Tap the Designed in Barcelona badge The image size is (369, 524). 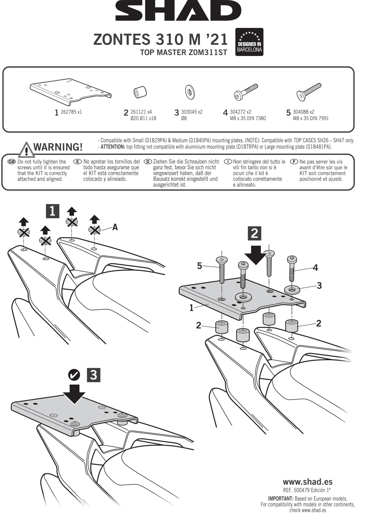pyautogui.click(x=249, y=42)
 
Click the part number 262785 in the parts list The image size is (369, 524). pyautogui.click(x=68, y=112)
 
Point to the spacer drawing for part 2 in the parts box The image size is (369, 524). pyautogui.click(x=140, y=92)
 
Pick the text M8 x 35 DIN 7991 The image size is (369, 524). pyautogui.click(x=311, y=118)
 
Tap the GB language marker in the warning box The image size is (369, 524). pyautogui.click(x=11, y=162)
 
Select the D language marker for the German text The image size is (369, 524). pyautogui.click(x=148, y=162)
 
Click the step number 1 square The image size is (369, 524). pyautogui.click(x=52, y=211)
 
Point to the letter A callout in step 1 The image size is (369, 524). pyautogui.click(x=115, y=227)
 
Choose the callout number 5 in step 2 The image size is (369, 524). pyautogui.click(x=199, y=266)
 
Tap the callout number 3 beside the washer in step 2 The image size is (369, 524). pyautogui.click(x=319, y=286)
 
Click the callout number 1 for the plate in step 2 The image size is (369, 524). pyautogui.click(x=191, y=308)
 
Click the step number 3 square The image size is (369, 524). pyautogui.click(x=93, y=375)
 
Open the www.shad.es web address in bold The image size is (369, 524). pyautogui.click(x=307, y=482)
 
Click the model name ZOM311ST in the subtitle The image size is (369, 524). pyautogui.click(x=208, y=52)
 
